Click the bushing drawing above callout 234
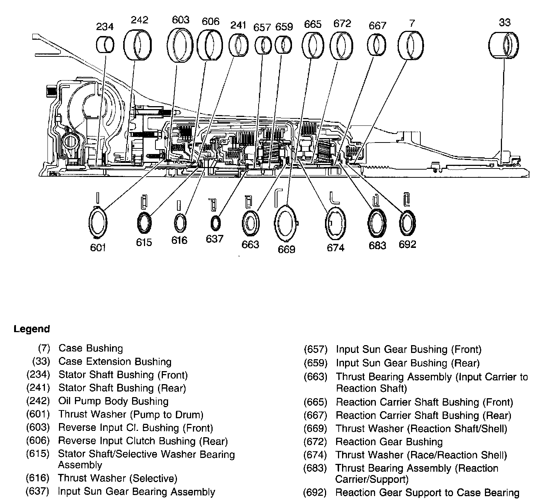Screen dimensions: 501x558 pos(105,45)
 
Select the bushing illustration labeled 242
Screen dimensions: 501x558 pos(138,45)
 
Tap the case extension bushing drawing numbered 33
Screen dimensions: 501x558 pos(503,45)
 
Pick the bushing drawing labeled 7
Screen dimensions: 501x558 pos(411,45)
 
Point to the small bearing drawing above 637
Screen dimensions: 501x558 pos(215,223)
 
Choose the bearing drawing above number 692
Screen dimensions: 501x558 pos(407,223)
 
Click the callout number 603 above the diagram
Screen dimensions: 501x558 pos(181,19)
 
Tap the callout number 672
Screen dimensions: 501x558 pos(342,23)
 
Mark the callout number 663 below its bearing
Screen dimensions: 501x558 pos(250,245)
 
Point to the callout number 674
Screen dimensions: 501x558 pos(335,247)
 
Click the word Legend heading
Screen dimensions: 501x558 pos(32,329)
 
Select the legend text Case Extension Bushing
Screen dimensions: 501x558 pos(115,361)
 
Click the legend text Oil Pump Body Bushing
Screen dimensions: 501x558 pos(113,401)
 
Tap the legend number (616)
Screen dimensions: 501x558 pos(38,478)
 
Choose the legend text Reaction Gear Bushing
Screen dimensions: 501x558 pos(389,442)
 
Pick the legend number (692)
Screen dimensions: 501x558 pos(315,492)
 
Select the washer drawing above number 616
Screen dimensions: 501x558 pos(180,223)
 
